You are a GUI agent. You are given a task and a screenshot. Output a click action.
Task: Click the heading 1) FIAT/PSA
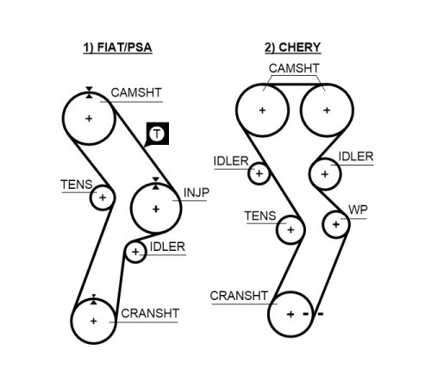point(117,47)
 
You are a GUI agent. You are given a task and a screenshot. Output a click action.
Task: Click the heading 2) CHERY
point(292,47)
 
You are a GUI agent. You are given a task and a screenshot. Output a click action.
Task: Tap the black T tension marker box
point(158,134)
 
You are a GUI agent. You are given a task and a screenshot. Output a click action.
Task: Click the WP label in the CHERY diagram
point(358,210)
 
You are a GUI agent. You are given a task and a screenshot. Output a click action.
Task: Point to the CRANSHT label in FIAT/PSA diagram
point(150,313)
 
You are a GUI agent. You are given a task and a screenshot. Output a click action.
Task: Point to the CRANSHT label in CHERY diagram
point(239,296)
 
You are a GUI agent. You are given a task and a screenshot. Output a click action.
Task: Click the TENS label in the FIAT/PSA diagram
point(77,185)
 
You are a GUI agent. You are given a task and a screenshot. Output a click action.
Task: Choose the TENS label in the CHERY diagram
point(260,216)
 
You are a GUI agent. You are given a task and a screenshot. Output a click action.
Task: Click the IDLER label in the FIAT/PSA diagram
point(167,247)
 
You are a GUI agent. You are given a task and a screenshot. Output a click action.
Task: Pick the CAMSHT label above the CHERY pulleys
point(294,68)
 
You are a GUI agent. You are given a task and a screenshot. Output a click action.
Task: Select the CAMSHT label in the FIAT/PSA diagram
point(136,93)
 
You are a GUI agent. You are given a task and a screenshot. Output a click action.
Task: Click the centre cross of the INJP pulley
point(156,209)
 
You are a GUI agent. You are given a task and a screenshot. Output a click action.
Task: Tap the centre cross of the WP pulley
point(335,224)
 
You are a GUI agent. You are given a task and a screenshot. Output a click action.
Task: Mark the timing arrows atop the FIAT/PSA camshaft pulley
point(89,92)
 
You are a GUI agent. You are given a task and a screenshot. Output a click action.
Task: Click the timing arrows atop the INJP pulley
point(155,184)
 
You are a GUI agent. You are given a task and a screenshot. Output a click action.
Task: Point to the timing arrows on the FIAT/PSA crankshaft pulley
point(94,299)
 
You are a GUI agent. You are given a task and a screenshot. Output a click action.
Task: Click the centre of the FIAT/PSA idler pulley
point(135,252)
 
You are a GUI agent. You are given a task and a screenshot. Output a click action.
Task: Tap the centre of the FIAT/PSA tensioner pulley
point(103,197)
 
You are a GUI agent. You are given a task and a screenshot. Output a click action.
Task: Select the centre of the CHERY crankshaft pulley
point(290,314)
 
